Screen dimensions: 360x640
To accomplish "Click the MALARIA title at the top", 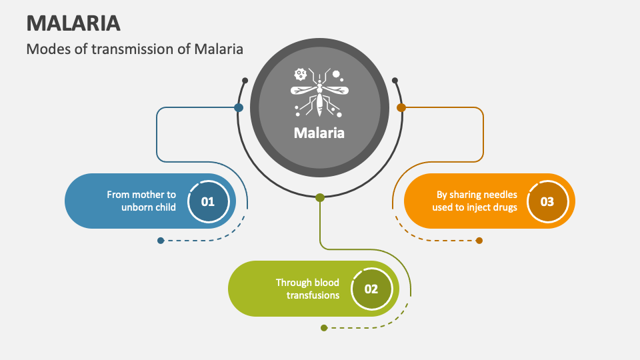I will [73, 23].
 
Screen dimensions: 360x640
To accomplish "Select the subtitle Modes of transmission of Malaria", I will [135, 49].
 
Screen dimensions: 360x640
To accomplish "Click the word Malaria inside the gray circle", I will [319, 133].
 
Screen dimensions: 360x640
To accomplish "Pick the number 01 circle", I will [208, 201].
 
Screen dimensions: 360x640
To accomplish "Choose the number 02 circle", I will [371, 289].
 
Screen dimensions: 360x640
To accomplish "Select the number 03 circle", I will [547, 201].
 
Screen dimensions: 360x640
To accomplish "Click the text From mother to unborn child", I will [141, 201].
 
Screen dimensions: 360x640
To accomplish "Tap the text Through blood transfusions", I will [308, 289].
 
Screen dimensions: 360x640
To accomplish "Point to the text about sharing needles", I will [476, 201].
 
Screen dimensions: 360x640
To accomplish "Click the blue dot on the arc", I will [239, 107].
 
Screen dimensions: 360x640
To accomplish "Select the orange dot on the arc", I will [401, 107].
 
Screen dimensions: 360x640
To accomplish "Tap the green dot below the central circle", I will [320, 197].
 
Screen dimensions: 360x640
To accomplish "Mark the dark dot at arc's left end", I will [245, 81].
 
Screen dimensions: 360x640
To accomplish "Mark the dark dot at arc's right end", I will [395, 81].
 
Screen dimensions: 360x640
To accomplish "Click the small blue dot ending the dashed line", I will [161, 241].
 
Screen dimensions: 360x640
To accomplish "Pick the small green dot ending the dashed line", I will [324, 328].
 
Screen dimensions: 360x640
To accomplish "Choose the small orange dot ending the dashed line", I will [479, 241].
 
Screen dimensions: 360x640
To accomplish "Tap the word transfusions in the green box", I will [313, 295].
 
